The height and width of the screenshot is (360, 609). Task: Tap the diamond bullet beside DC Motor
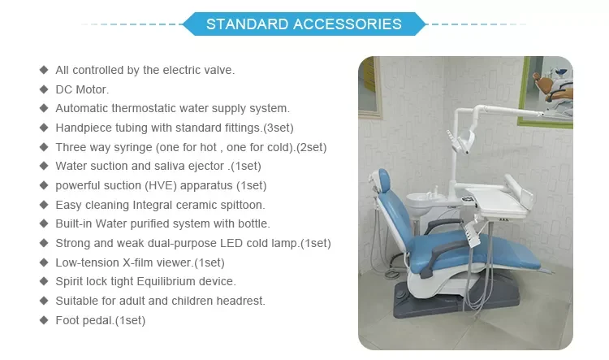tap(44, 89)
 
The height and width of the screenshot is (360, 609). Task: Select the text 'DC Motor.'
tap(82, 89)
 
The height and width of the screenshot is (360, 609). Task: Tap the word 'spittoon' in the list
tap(241, 205)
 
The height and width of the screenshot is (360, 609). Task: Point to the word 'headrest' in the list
tap(242, 301)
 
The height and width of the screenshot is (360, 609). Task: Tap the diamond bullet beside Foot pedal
tap(44, 320)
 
